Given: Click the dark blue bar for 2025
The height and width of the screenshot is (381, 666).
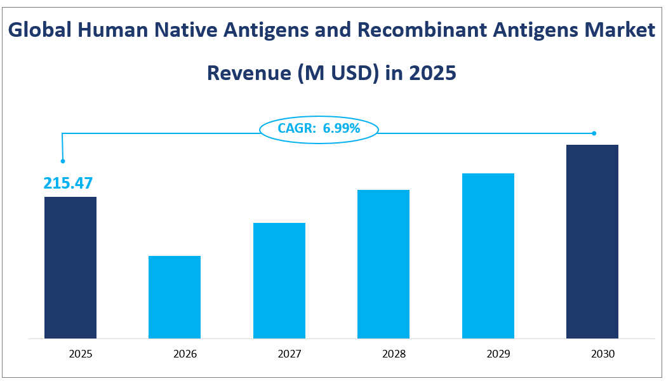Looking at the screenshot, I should click(x=70, y=267).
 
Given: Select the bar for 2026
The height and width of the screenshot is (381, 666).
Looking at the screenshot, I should click(x=175, y=297).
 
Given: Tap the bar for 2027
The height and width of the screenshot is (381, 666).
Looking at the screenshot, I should click(x=279, y=280).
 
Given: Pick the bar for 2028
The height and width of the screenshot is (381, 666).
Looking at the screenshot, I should click(x=383, y=264).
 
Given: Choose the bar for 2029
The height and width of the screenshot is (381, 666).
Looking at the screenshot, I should click(x=488, y=255).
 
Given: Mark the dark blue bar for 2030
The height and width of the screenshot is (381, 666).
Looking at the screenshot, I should click(x=592, y=241).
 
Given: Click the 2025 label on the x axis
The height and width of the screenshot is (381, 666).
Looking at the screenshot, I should click(x=70, y=354).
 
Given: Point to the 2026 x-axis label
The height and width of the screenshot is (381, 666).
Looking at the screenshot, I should click(x=175, y=354).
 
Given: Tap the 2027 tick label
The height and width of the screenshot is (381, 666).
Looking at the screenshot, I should click(x=279, y=354).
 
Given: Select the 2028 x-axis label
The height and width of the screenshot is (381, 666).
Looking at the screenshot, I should click(x=383, y=354).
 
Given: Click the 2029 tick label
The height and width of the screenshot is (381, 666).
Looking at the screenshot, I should click(x=488, y=354).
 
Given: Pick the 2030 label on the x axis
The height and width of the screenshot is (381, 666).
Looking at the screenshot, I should click(x=592, y=354).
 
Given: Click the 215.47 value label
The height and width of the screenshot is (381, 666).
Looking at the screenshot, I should click(x=68, y=184).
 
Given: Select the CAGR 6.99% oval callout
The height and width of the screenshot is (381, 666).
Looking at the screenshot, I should click(x=319, y=129).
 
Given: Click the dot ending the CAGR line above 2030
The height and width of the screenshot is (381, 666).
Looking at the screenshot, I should click(x=594, y=133).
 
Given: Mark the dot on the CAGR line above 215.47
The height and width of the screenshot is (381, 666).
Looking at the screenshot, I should click(x=63, y=161).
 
